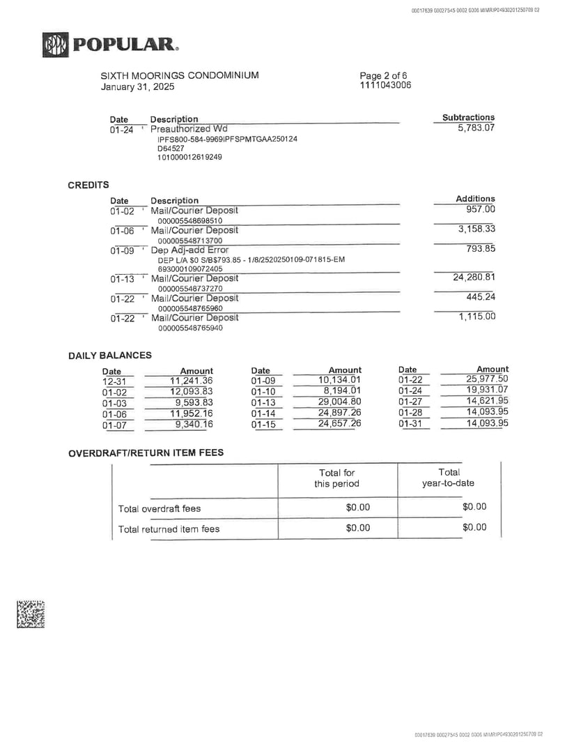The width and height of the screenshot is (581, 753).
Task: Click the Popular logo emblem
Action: pyautogui.click(x=55, y=45)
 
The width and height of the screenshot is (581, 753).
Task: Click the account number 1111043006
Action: pyautogui.click(x=385, y=85)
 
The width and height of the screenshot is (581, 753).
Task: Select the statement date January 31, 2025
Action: pyautogui.click(x=138, y=87)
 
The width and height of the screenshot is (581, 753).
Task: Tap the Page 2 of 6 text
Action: pyautogui.click(x=383, y=75)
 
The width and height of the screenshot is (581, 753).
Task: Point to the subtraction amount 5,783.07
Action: pyautogui.click(x=476, y=128)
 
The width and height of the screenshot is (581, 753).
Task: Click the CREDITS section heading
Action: pyautogui.click(x=88, y=185)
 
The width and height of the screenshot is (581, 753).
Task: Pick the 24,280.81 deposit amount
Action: pyautogui.click(x=474, y=277)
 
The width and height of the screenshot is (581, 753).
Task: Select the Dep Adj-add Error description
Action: pyautogui.click(x=189, y=250)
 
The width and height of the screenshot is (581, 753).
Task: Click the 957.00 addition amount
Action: pyautogui.click(x=480, y=209)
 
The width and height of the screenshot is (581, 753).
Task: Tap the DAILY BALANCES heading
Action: pyautogui.click(x=110, y=356)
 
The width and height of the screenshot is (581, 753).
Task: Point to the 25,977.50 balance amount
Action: pyautogui.click(x=487, y=379)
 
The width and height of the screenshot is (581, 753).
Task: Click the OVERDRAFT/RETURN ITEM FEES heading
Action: pyautogui.click(x=146, y=452)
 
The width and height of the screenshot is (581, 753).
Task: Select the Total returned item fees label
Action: pyautogui.click(x=169, y=529)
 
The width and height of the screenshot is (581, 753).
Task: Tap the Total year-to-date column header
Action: pyautogui.click(x=449, y=478)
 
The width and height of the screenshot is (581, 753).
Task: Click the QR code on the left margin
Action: pyautogui.click(x=31, y=614)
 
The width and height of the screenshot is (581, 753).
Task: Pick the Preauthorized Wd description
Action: pyautogui.click(x=189, y=129)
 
